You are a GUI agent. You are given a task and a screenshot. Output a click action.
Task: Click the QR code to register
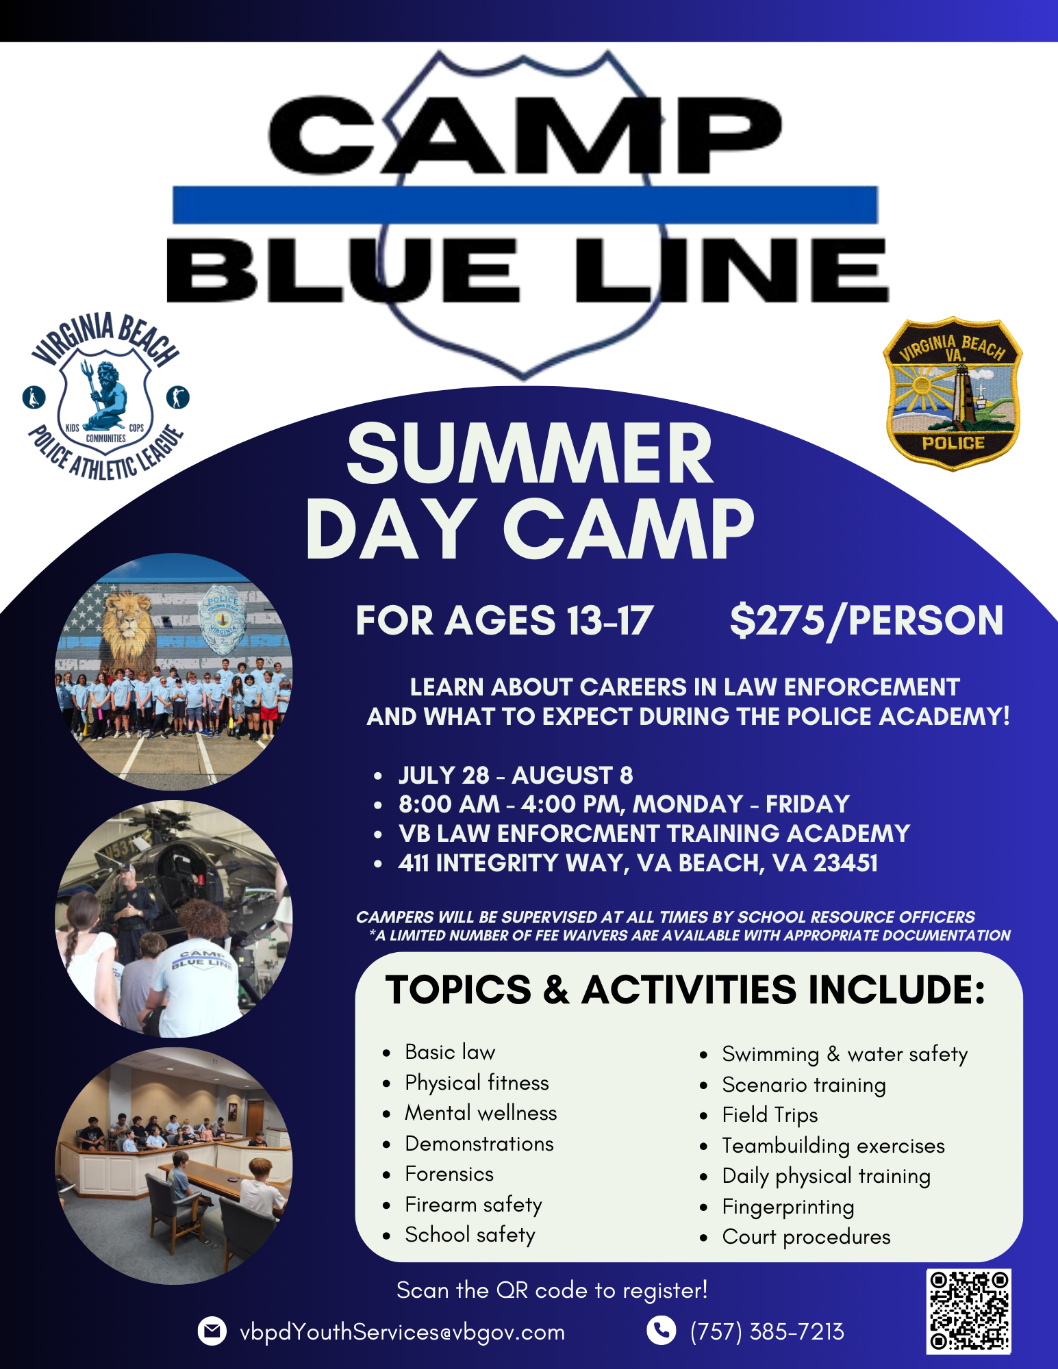[968, 1311]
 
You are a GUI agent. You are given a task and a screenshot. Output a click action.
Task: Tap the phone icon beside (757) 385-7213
[661, 1331]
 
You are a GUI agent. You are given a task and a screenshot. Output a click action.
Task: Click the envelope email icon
[212, 1331]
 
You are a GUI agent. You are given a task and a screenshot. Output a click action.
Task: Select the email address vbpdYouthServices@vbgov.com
[403, 1332]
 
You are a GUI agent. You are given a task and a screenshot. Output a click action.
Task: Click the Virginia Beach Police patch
[953, 394]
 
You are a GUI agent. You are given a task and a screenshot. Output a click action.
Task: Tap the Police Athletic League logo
[106, 397]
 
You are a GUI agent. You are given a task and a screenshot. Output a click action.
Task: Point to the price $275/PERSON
[866, 621]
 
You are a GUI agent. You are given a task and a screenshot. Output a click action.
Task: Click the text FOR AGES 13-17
[505, 621]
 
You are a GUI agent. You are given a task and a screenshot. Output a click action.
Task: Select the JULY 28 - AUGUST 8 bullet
[516, 775]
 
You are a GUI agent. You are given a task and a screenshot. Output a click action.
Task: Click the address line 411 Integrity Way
[638, 863]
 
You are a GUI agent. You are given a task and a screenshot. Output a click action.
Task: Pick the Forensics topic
[449, 1174]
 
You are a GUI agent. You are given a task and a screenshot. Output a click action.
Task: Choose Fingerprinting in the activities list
[788, 1206]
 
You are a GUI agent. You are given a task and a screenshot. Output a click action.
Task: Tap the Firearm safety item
[473, 1205]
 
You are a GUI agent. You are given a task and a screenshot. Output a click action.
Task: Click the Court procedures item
[806, 1237]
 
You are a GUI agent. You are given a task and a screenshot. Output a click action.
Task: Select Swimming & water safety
[844, 1054]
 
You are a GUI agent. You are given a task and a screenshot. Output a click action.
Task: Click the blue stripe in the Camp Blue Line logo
[525, 205]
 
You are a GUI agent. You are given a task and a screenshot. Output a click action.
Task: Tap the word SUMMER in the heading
[529, 454]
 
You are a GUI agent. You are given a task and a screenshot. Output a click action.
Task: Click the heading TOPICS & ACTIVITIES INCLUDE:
[685, 990]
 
